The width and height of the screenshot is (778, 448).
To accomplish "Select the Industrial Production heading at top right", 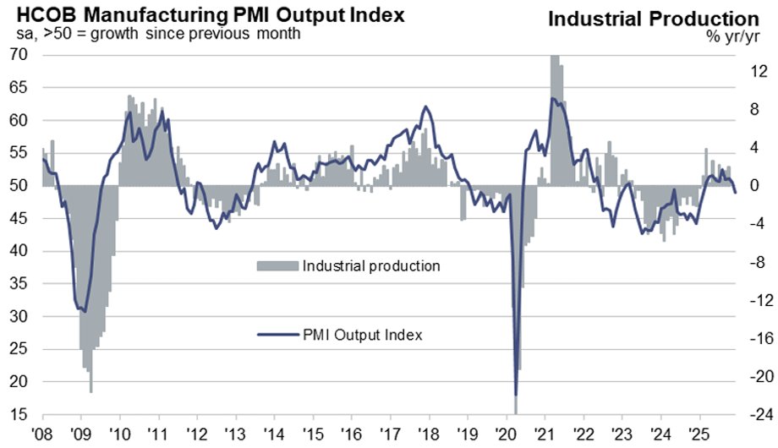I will click(654, 19).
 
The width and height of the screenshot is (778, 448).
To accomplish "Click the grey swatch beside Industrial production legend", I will click(277, 266).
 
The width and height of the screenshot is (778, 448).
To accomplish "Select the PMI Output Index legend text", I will click(362, 335).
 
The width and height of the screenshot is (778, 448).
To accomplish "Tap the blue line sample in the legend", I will click(277, 335).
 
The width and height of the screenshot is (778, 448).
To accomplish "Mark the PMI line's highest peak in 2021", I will click(552, 99).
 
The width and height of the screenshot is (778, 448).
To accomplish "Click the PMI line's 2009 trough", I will click(83, 310).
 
